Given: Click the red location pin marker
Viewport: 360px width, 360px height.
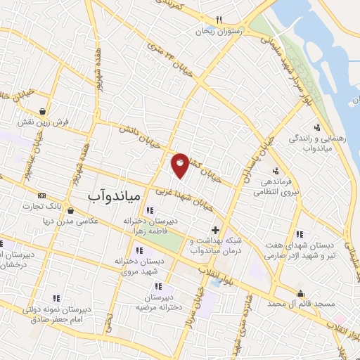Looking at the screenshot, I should click(181, 165).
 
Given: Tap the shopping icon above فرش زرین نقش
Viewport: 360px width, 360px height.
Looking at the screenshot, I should click(43, 110).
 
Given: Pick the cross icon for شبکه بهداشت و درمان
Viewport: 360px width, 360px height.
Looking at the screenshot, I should click(215, 230).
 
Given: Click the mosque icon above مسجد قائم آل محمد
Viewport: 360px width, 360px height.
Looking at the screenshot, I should click(301, 293).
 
